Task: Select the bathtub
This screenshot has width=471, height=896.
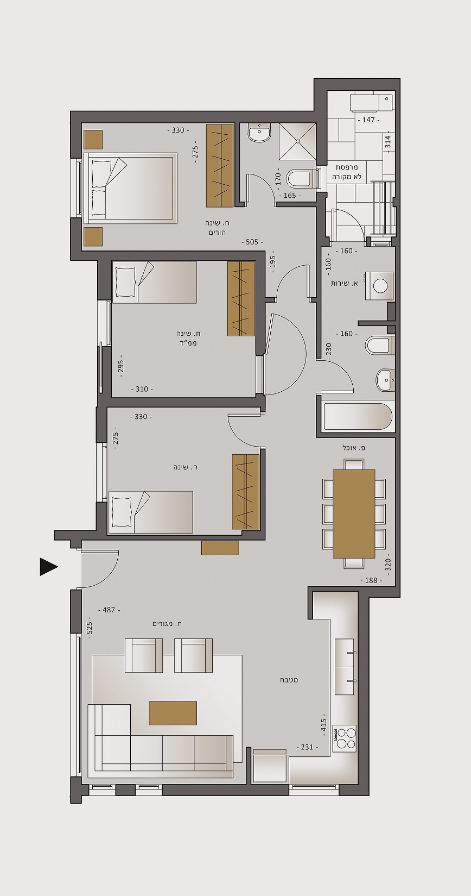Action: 357,417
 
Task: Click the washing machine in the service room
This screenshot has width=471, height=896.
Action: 379,286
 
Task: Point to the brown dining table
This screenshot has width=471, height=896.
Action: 354,513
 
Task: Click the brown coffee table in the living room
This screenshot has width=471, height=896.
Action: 173,713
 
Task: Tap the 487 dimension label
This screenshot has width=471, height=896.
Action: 109,610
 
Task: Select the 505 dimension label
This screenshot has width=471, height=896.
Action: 252,242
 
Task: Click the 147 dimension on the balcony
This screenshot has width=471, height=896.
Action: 368,120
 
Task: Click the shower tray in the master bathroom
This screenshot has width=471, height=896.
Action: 297,140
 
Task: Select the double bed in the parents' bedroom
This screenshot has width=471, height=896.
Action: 130,187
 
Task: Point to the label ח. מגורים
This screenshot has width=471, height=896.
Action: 167,623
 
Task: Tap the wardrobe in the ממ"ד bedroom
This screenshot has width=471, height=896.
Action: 241,298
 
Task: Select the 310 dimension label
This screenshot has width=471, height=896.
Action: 142,389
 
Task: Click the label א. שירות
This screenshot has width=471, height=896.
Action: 344,283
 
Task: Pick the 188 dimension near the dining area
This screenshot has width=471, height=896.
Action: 371,580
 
